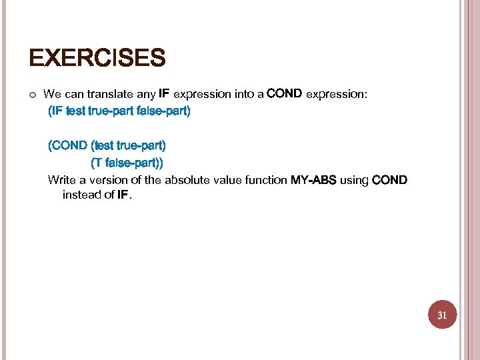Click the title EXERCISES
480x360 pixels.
point(97,59)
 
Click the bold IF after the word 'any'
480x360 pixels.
point(164,94)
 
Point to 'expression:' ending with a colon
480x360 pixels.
point(336,95)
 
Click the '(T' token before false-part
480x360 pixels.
point(97,162)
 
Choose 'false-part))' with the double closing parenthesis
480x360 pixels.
point(136,162)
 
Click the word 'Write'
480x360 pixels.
point(62,180)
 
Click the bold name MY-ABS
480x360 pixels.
point(313,180)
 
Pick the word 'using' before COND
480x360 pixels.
point(354,180)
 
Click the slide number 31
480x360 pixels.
point(441,315)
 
